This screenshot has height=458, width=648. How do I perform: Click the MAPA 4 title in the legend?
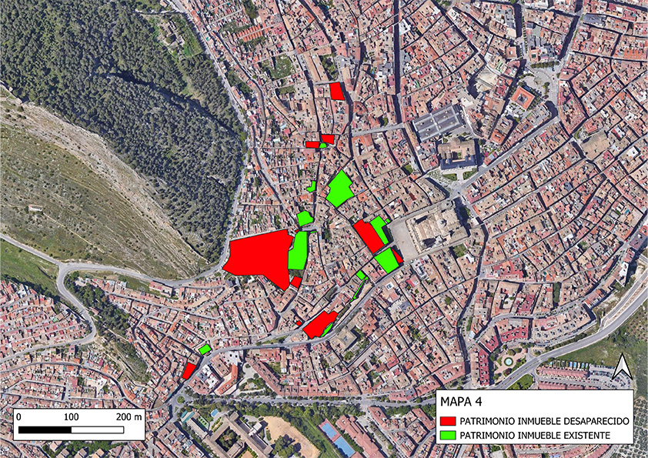tap(461, 402)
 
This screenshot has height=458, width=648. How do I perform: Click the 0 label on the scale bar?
tap(18, 416)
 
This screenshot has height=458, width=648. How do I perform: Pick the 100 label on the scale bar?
tap(71, 416)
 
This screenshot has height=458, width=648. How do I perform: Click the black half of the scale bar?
tap(44, 428)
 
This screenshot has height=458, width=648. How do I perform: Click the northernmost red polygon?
tap(336, 91)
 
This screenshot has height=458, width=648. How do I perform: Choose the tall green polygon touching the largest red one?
tap(298, 250)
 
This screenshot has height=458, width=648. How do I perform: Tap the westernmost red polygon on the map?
tap(189, 371)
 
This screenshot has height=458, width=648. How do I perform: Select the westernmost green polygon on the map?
tap(205, 349)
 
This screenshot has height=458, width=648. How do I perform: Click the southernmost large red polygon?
tap(318, 325)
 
